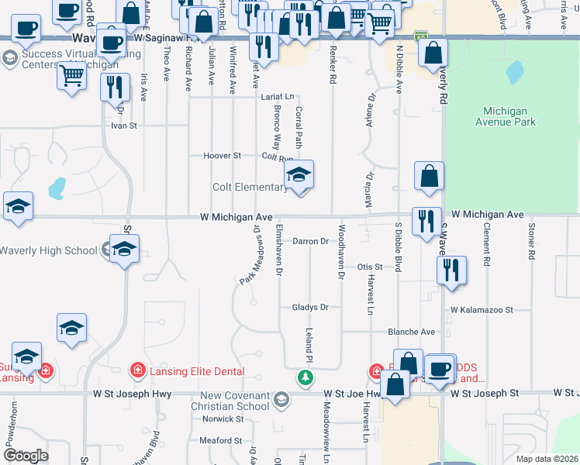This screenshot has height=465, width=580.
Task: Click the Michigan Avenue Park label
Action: [509, 116]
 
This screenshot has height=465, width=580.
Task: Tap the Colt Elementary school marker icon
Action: [299, 176]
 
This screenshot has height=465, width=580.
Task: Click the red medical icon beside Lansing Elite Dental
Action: [139, 371]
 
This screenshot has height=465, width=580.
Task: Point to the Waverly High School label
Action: [48, 250]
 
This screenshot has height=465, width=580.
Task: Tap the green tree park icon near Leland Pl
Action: [306, 377]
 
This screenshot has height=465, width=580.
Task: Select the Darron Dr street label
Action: [310, 241]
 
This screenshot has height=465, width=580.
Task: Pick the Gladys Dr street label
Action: [310, 307]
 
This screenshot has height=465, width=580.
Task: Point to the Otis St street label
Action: [371, 267]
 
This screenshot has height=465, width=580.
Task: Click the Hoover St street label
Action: [223, 156]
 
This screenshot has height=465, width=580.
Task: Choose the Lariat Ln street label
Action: [278, 97]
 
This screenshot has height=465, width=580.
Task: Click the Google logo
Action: [26, 456]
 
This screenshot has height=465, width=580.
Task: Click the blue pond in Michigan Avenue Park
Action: [514, 73]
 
